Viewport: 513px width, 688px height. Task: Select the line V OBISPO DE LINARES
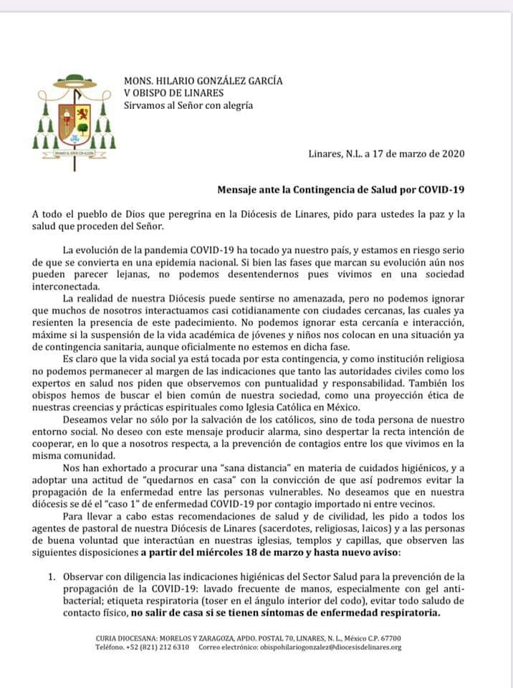click(x=173, y=93)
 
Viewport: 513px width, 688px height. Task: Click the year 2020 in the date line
click(x=451, y=153)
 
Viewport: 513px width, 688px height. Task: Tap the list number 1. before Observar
click(x=51, y=576)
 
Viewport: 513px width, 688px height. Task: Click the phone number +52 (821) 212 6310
click(x=153, y=647)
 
